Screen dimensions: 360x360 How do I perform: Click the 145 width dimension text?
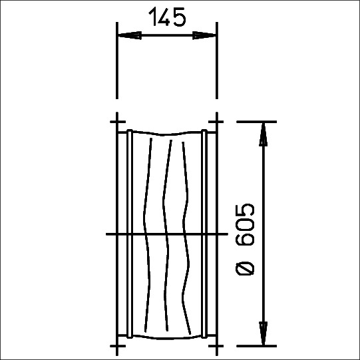(x=167, y=17)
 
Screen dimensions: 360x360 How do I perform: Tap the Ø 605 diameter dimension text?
(x=245, y=239)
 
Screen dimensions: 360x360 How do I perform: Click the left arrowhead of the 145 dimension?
(x=129, y=35)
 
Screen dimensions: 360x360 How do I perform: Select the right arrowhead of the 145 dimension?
(x=204, y=35)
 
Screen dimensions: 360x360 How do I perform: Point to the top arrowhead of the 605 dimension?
(x=264, y=134)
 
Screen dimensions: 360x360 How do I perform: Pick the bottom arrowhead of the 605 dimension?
(x=264, y=333)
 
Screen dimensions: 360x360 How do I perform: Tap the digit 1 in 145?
(x=152, y=17)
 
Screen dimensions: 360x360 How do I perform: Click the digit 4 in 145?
(x=164, y=17)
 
